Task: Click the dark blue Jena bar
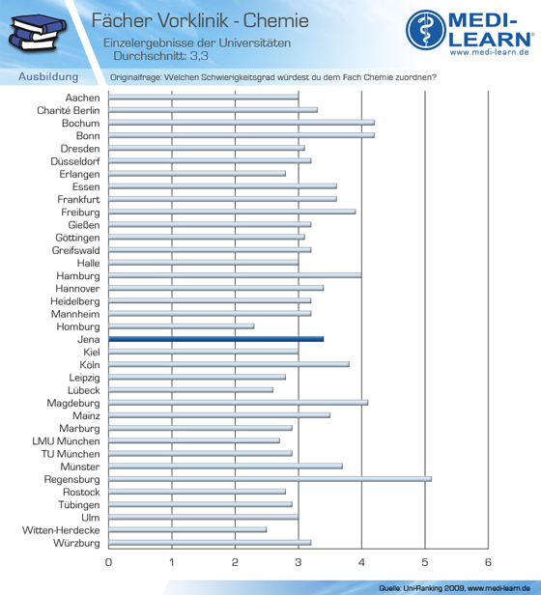216,339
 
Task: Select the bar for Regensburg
270,479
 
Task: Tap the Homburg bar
182,326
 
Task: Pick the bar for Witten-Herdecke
187,529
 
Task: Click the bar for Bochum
242,123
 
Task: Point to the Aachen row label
82,98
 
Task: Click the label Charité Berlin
69,110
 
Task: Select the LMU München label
66,441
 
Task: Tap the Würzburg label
76,543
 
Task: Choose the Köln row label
90,365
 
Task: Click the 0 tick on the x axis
108,562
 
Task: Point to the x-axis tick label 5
425,562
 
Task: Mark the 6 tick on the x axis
488,562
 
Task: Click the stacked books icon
38,33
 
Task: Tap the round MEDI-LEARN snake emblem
426,30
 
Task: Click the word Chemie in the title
276,20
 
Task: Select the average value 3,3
199,56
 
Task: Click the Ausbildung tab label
48,76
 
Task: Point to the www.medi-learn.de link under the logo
490,52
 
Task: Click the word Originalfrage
135,77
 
